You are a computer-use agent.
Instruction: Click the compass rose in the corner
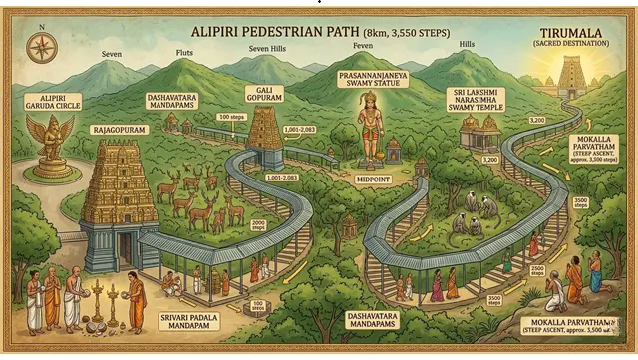pyautogui.click(x=42, y=46)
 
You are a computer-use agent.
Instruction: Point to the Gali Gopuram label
pyautogui.click(x=265, y=95)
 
